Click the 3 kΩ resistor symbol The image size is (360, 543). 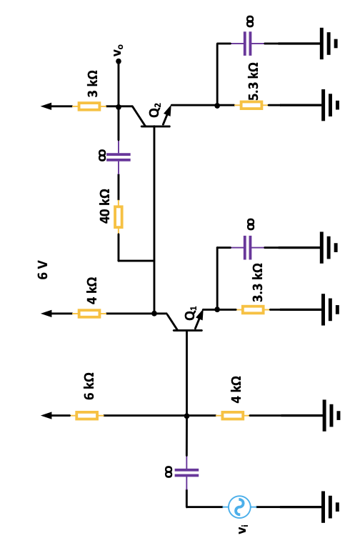point(89,106)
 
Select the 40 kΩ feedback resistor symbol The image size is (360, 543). point(119,216)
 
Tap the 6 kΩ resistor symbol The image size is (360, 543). point(86,416)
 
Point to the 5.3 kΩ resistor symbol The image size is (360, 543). point(251,106)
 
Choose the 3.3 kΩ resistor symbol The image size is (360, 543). point(253,309)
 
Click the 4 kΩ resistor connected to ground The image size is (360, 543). point(232,416)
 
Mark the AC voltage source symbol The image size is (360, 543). point(239,507)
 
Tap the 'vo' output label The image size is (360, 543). point(119,50)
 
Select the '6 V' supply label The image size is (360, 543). point(43,270)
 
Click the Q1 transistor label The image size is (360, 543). point(191,313)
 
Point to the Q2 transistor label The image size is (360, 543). point(155,111)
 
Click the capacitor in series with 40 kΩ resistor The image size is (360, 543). point(119,156)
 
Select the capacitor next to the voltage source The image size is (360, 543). point(186,472)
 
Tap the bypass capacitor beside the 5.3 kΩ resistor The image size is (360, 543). point(249,44)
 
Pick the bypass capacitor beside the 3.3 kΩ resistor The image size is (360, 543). point(249,248)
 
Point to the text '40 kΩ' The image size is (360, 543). point(104,206)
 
